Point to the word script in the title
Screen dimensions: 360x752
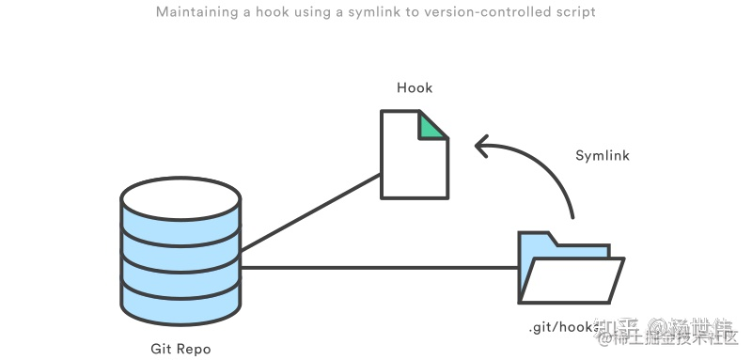574,13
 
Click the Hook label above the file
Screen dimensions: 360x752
415,87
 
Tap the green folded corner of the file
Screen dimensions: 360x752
434,125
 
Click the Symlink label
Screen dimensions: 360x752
603,155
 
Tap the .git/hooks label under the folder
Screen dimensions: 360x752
562,328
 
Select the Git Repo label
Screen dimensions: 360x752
180,349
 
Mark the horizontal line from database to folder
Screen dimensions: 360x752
376,268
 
